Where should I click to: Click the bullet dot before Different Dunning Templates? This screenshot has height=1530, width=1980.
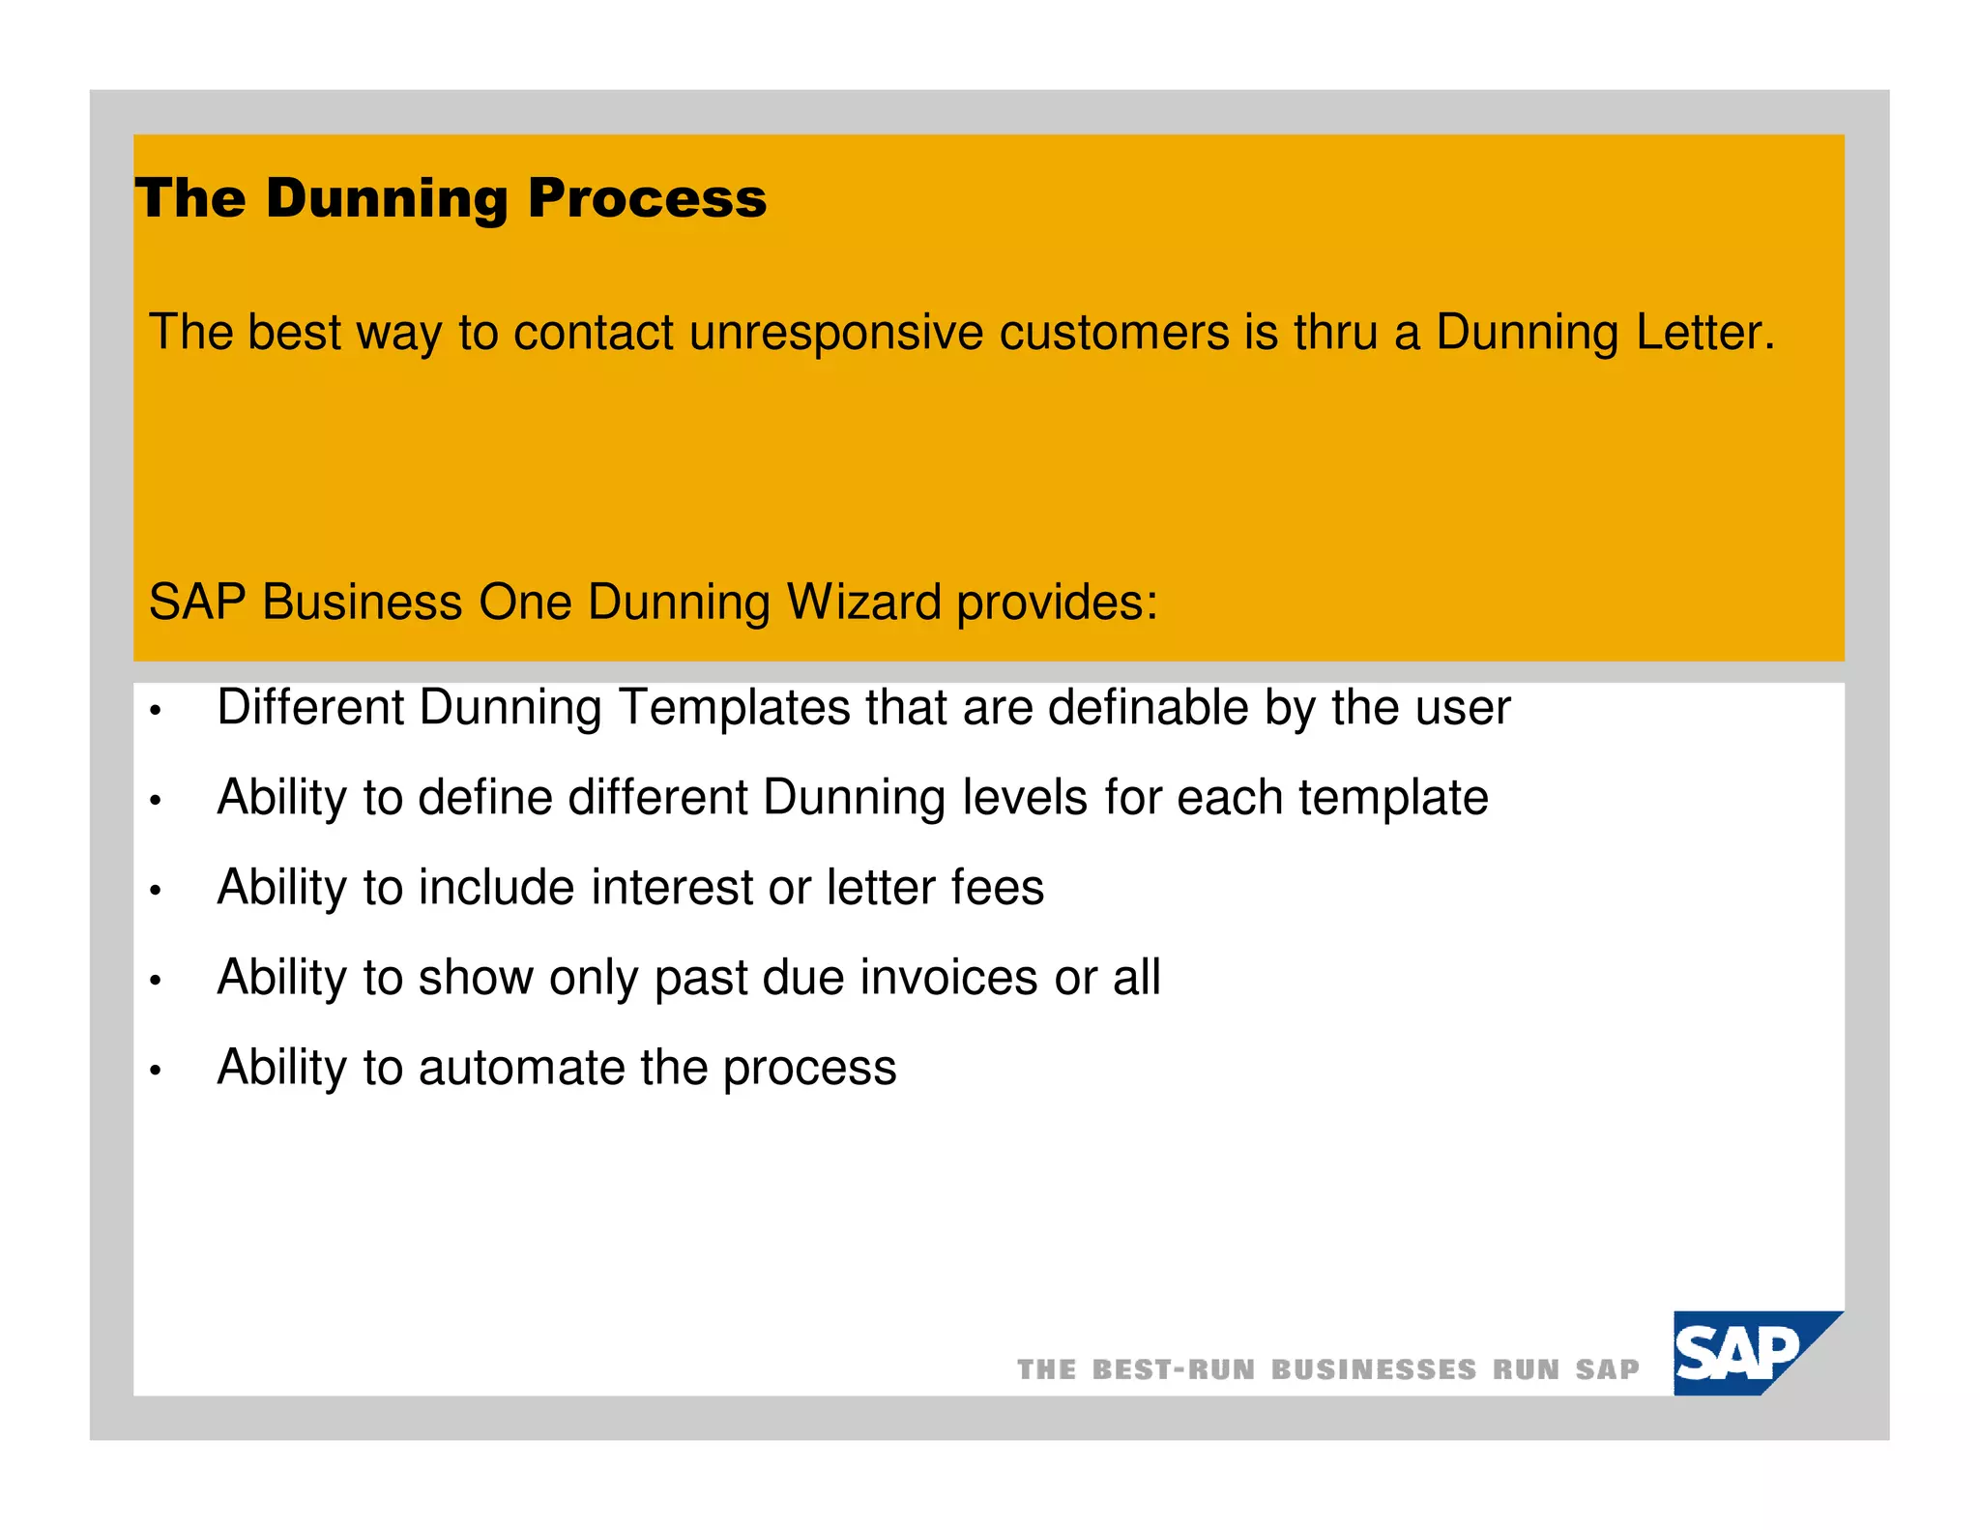(155, 713)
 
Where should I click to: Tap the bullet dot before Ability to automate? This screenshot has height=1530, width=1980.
(155, 1072)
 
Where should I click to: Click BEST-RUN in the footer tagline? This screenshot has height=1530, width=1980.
(1173, 1369)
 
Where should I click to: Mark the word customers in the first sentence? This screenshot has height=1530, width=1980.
(1113, 333)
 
